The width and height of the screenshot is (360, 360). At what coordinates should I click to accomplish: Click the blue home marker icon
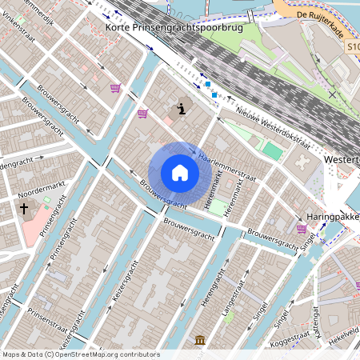click(x=179, y=173)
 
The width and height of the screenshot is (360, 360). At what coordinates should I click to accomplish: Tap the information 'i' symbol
click(x=182, y=108)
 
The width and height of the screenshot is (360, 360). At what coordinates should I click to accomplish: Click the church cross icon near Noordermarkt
click(x=24, y=210)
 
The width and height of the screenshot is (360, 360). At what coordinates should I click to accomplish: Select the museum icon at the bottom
click(x=199, y=342)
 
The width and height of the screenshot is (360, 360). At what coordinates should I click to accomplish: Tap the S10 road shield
click(x=354, y=48)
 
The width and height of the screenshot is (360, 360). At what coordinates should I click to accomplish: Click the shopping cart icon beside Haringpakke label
click(x=302, y=229)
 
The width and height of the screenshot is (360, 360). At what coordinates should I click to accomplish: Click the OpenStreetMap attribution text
click(x=81, y=354)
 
